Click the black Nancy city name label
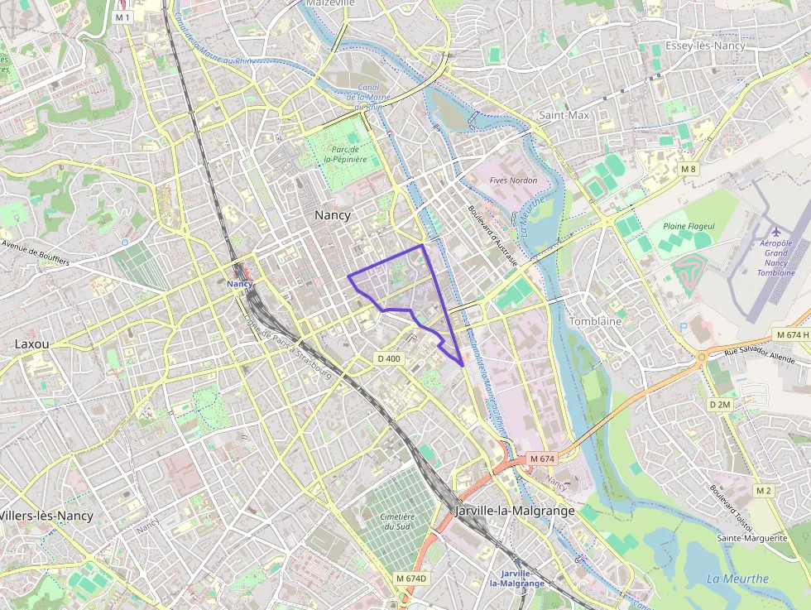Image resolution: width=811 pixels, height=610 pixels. coord(333,215)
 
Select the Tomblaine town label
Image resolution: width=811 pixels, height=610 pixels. coord(596,321)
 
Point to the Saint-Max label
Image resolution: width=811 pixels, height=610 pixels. coord(564,115)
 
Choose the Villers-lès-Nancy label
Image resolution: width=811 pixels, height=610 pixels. coord(46,516)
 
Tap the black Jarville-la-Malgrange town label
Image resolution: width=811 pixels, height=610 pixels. coord(515,511)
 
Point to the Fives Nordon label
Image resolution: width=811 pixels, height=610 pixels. coord(513,180)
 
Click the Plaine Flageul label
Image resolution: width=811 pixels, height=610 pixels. coord(689,226)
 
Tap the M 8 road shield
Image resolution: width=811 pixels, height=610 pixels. coord(689,169)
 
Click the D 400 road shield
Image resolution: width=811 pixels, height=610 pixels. coord(388,358)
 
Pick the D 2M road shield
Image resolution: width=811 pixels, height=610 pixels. coord(720,405)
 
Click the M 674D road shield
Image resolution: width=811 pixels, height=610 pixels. coord(411,578)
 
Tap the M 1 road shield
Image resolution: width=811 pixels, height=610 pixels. coord(122,17)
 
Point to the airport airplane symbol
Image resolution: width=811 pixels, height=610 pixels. coord(775,231)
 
